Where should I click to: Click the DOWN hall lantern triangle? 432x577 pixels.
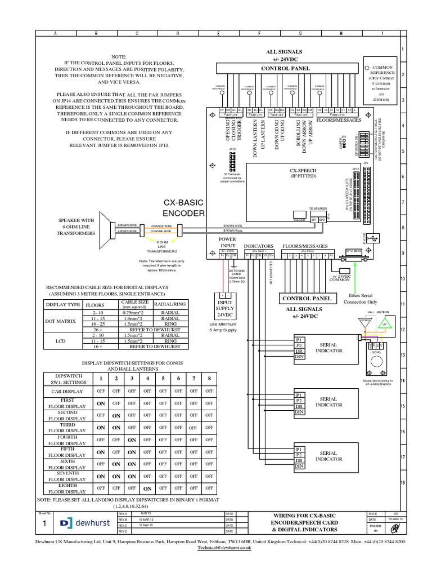coord(366,323)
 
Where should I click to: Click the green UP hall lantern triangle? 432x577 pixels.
coord(385,325)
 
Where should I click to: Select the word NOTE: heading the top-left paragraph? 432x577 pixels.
coord(119,57)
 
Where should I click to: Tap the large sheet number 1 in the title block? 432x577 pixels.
coord(44,524)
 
